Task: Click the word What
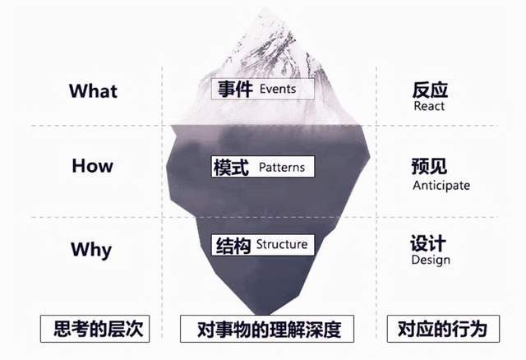93,91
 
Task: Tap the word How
92,166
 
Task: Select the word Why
91,250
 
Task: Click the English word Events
278,89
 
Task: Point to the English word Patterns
282,167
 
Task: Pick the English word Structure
282,244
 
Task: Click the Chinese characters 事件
235,90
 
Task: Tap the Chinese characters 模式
231,167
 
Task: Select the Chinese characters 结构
233,245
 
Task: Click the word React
429,106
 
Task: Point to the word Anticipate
441,185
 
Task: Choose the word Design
431,260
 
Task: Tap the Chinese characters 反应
430,90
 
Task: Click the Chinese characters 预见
429,166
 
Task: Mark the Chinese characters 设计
428,243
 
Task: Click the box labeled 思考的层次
95,329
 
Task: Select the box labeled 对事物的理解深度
267,329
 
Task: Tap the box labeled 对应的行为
443,329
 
